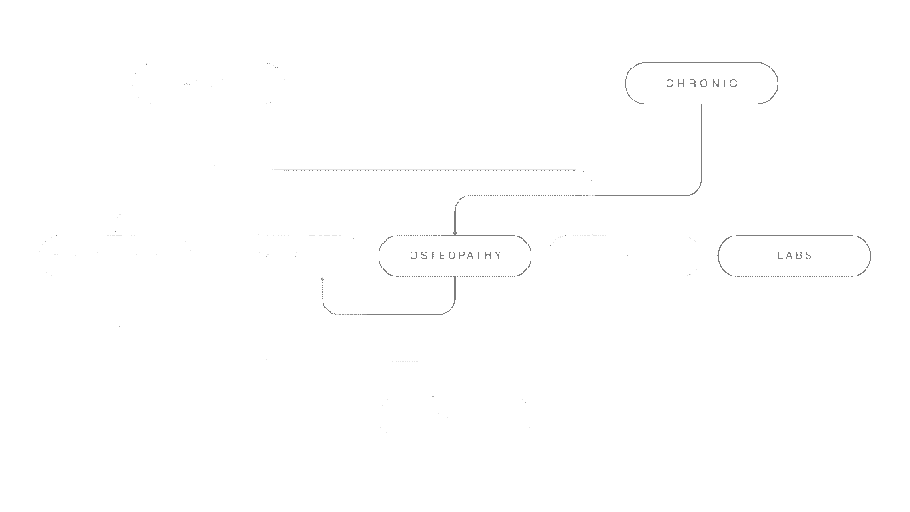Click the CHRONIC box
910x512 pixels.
point(701,84)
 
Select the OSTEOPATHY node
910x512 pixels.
point(455,256)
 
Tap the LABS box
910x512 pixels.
point(794,256)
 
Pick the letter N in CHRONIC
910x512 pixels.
point(715,84)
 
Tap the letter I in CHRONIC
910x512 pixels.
point(725,84)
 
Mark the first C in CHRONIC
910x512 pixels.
point(669,84)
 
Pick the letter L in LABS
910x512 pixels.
point(779,256)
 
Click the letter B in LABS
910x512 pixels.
point(798,256)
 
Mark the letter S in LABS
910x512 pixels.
point(809,256)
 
